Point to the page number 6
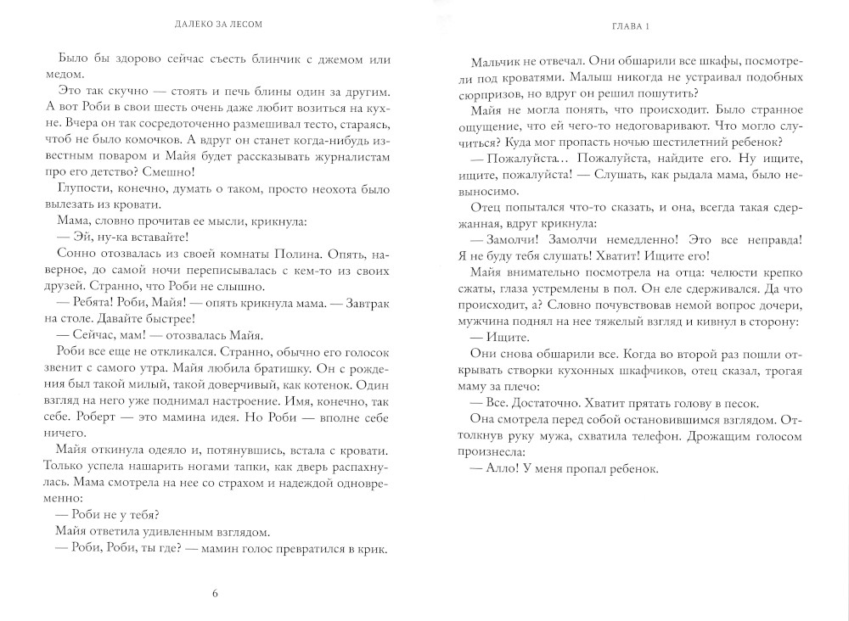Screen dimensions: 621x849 coord(216,592)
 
